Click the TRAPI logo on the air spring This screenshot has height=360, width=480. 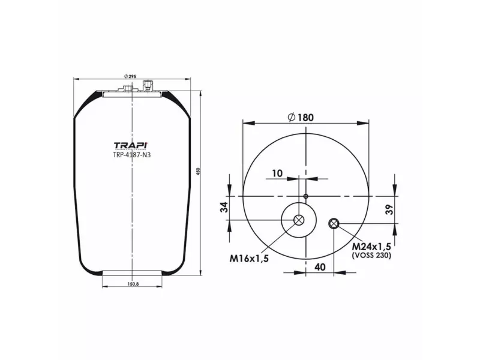pos(130,145)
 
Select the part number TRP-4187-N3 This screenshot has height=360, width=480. pos(130,154)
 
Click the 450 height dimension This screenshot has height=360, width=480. pos(198,172)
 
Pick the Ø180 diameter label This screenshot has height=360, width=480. pos(305,117)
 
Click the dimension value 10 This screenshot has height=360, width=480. pos(277,173)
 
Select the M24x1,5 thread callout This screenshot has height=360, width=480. pos(371,247)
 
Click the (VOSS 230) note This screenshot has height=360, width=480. pos(371,256)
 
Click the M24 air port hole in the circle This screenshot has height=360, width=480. pos(334,224)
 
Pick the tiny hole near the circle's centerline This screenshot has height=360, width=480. pos(305,196)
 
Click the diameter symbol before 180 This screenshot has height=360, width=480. pos(292,117)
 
